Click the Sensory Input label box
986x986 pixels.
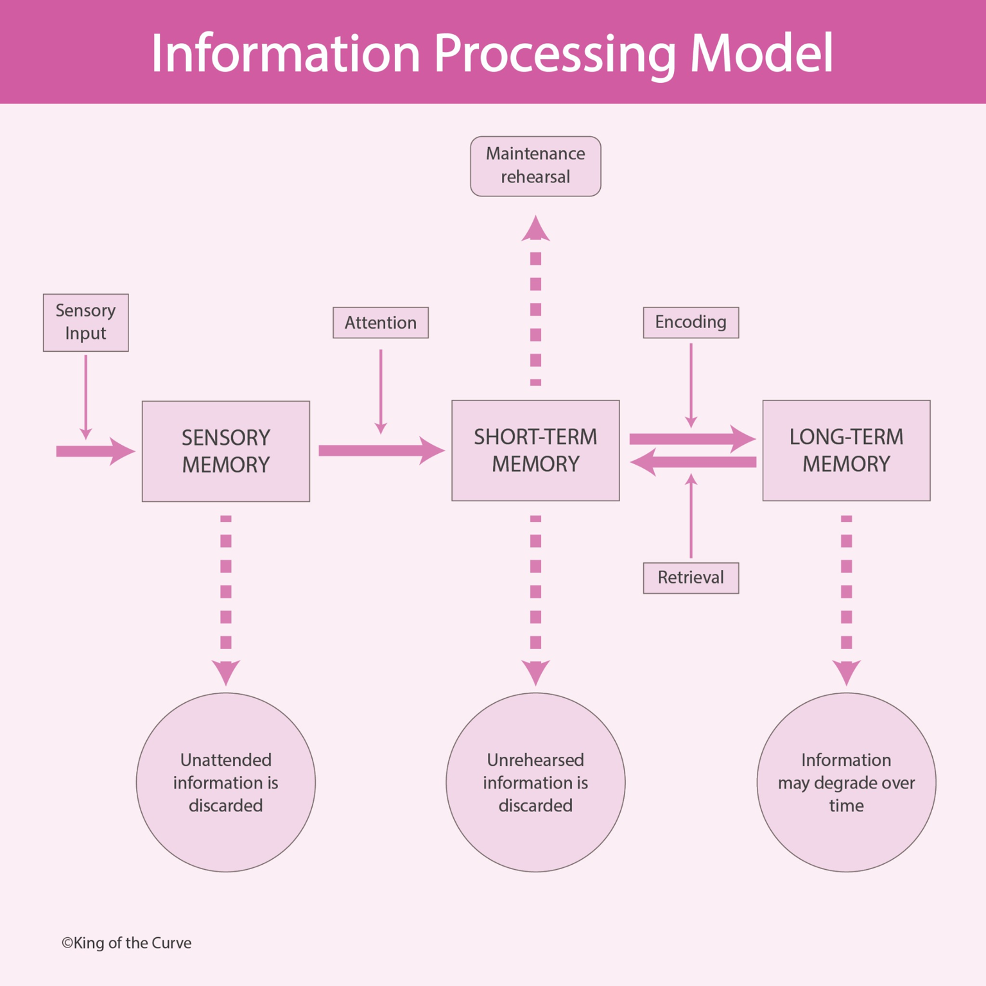(x=85, y=322)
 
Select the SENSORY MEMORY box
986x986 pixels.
(x=225, y=451)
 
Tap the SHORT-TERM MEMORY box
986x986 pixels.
(x=535, y=450)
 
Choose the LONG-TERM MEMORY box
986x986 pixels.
(x=845, y=450)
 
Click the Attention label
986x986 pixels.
(x=380, y=322)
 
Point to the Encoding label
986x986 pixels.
(x=691, y=322)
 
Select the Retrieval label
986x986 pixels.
(x=691, y=578)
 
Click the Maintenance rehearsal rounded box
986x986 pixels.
(x=535, y=166)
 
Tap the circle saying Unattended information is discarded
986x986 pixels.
(x=225, y=782)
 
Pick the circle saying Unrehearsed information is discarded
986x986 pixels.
(x=535, y=782)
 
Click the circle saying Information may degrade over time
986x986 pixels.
(x=845, y=782)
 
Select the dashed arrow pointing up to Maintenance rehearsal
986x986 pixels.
(x=535, y=302)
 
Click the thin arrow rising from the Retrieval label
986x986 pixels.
(x=691, y=517)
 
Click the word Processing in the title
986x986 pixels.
(x=555, y=54)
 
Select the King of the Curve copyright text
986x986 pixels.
(x=126, y=942)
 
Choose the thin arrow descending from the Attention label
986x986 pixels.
(x=380, y=392)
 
